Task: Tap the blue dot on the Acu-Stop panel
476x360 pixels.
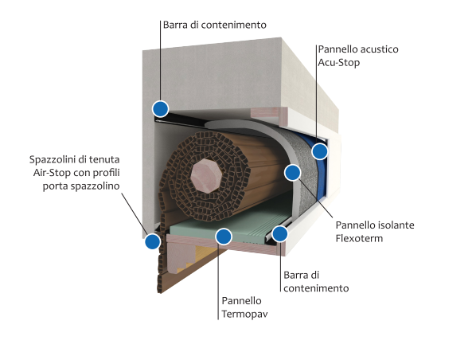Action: tap(320, 151)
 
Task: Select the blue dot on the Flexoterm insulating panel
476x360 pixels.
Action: tap(293, 173)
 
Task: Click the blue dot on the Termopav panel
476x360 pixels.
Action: tap(224, 237)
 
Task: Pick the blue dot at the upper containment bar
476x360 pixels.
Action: tap(160, 108)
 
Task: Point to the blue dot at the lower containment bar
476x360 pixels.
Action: tap(279, 233)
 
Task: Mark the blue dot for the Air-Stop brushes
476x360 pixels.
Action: tap(152, 241)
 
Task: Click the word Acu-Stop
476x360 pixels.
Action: tap(338, 63)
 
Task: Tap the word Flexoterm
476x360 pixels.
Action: tap(359, 238)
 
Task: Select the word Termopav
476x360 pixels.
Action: tap(244, 314)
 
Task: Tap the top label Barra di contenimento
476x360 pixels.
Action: tap(215, 25)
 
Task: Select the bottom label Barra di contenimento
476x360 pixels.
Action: tap(316, 282)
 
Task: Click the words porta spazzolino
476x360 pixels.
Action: tap(81, 186)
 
